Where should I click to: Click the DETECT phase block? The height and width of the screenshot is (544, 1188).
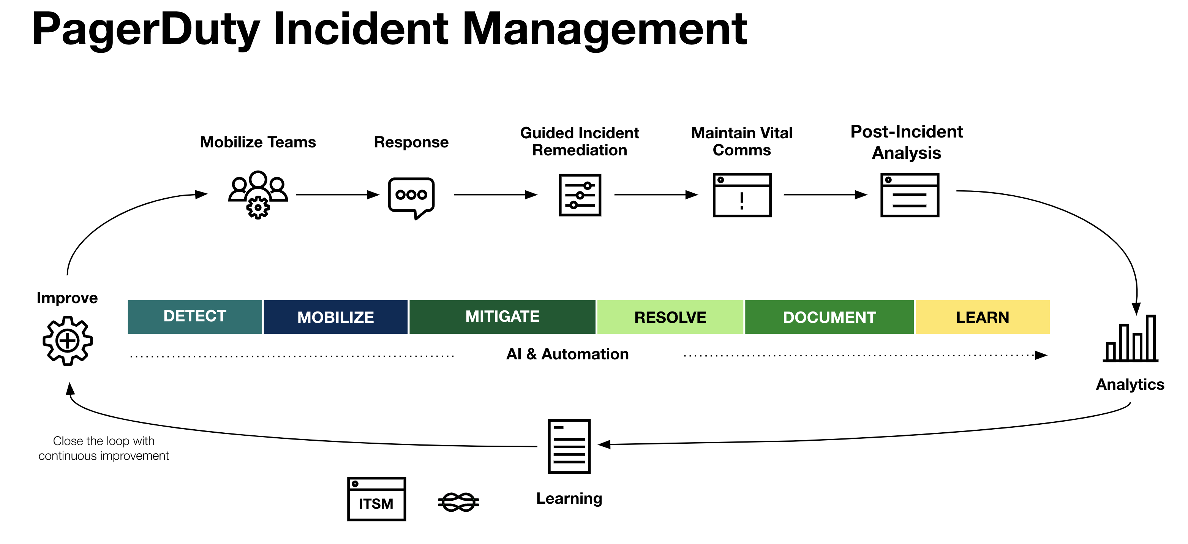pos(194,316)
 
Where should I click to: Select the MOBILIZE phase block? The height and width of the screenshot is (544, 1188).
pos(335,316)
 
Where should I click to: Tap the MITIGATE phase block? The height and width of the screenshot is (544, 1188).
pos(502,316)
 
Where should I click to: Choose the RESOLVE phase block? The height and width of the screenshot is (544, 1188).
pos(670,316)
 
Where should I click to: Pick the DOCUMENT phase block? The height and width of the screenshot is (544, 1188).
pos(829,316)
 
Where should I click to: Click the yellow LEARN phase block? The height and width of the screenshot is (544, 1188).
pos(982,316)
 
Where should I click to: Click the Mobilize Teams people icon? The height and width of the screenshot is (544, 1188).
pos(258,194)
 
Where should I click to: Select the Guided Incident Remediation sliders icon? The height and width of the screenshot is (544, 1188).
pos(580,195)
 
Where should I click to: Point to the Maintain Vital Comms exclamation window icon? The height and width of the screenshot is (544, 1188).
pos(742,195)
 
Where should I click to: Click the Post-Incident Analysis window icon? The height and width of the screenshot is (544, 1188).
pos(910,195)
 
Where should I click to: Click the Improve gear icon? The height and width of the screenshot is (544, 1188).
pos(68,340)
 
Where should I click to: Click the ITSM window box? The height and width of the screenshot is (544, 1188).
pos(376,499)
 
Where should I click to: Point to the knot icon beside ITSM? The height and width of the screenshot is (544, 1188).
pos(458,501)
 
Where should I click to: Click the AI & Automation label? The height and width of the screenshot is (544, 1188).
pos(567,354)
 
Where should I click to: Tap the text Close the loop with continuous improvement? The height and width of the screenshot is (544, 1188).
pos(104,448)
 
